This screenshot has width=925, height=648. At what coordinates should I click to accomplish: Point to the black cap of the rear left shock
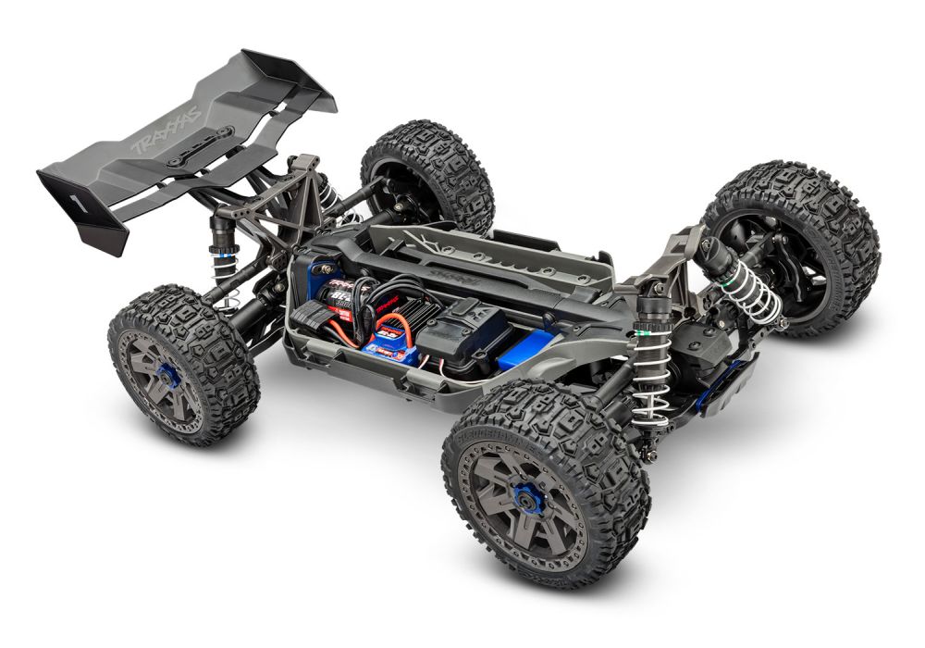click(x=221, y=228)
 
